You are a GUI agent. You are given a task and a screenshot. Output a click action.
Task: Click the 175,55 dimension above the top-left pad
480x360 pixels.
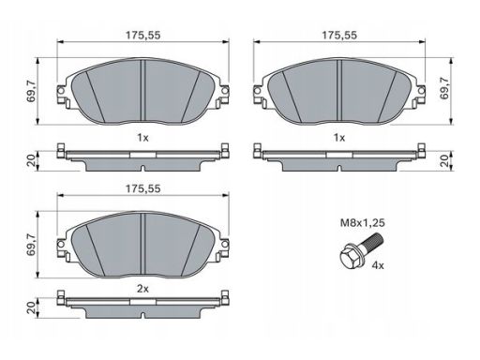coord(142,35)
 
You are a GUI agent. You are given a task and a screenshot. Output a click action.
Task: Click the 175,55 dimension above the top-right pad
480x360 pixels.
coord(339,35)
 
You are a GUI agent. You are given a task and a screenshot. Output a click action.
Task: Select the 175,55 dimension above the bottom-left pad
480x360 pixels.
coord(142,188)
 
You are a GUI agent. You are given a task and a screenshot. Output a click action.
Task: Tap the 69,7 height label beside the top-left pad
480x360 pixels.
coord(32,91)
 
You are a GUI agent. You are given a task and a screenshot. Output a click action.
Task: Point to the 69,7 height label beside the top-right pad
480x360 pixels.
coord(444,88)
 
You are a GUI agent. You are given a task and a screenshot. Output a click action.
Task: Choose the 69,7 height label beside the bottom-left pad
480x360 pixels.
coord(32,245)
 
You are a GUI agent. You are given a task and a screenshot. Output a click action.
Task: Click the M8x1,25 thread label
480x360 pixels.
coord(363,223)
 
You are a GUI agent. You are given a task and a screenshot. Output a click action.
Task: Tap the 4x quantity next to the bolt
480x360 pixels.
coord(378,265)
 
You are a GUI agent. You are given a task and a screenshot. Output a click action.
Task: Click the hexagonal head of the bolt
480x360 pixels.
coord(350,258)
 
